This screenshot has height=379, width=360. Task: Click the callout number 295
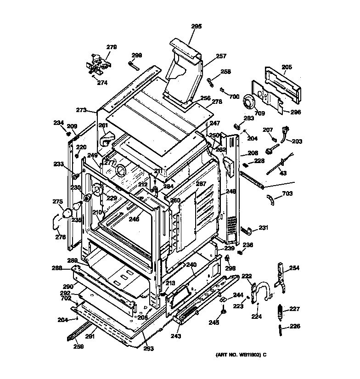click(x=196, y=27)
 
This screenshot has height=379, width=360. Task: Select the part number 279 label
click(x=112, y=47)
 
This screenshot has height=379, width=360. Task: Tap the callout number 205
click(x=287, y=67)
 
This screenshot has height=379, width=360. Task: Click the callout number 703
click(x=287, y=194)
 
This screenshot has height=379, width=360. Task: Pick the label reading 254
click(x=294, y=268)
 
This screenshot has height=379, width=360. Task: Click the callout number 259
click(x=79, y=347)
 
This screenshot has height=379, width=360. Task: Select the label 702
click(x=66, y=298)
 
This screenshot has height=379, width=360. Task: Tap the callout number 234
click(x=58, y=123)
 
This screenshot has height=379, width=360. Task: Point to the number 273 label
click(x=81, y=110)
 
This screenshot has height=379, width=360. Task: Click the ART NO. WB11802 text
click(x=241, y=355)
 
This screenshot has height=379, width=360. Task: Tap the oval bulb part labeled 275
click(x=67, y=213)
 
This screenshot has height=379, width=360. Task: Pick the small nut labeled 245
click(x=223, y=312)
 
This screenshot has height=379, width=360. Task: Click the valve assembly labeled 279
click(x=98, y=64)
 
